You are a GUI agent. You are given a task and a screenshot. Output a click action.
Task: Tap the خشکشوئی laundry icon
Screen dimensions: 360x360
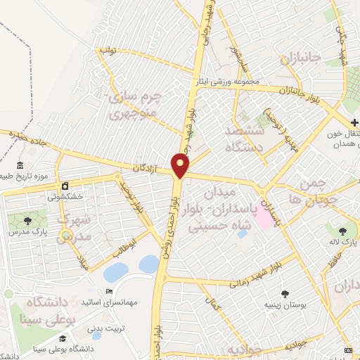[x=65, y=186]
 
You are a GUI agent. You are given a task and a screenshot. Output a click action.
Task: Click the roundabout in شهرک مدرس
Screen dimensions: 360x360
[x=65, y=235]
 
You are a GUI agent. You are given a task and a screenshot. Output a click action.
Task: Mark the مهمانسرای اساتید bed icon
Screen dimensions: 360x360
[x=108, y=292]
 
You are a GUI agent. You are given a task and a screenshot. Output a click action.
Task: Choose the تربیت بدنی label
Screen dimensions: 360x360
[x=104, y=328]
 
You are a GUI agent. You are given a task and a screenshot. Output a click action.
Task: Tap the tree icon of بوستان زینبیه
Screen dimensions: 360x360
[x=285, y=294]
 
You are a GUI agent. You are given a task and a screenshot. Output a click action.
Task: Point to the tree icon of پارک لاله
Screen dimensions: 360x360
[x=342, y=231]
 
